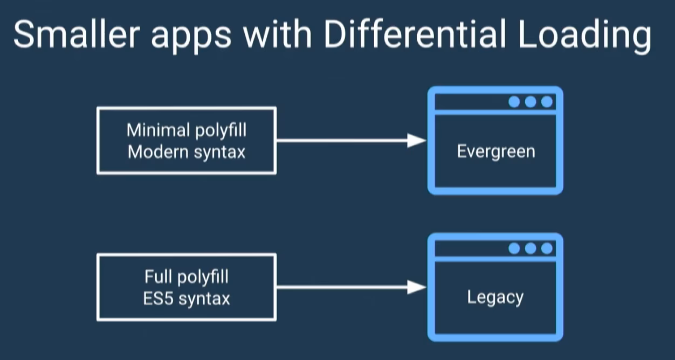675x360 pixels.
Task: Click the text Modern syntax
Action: tap(187, 152)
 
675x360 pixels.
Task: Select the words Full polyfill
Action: tap(187, 277)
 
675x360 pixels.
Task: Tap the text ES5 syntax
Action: tap(187, 299)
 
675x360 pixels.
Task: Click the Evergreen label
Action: tap(496, 151)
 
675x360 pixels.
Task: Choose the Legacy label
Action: tap(495, 297)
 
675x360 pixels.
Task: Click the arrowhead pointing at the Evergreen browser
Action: tap(417, 141)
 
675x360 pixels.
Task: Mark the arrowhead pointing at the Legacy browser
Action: tap(417, 287)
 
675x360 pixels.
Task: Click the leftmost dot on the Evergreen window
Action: tap(514, 101)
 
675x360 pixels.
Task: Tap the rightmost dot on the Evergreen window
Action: tap(547, 101)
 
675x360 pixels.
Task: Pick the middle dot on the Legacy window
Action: tap(531, 248)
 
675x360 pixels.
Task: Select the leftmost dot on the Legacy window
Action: tap(514, 248)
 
